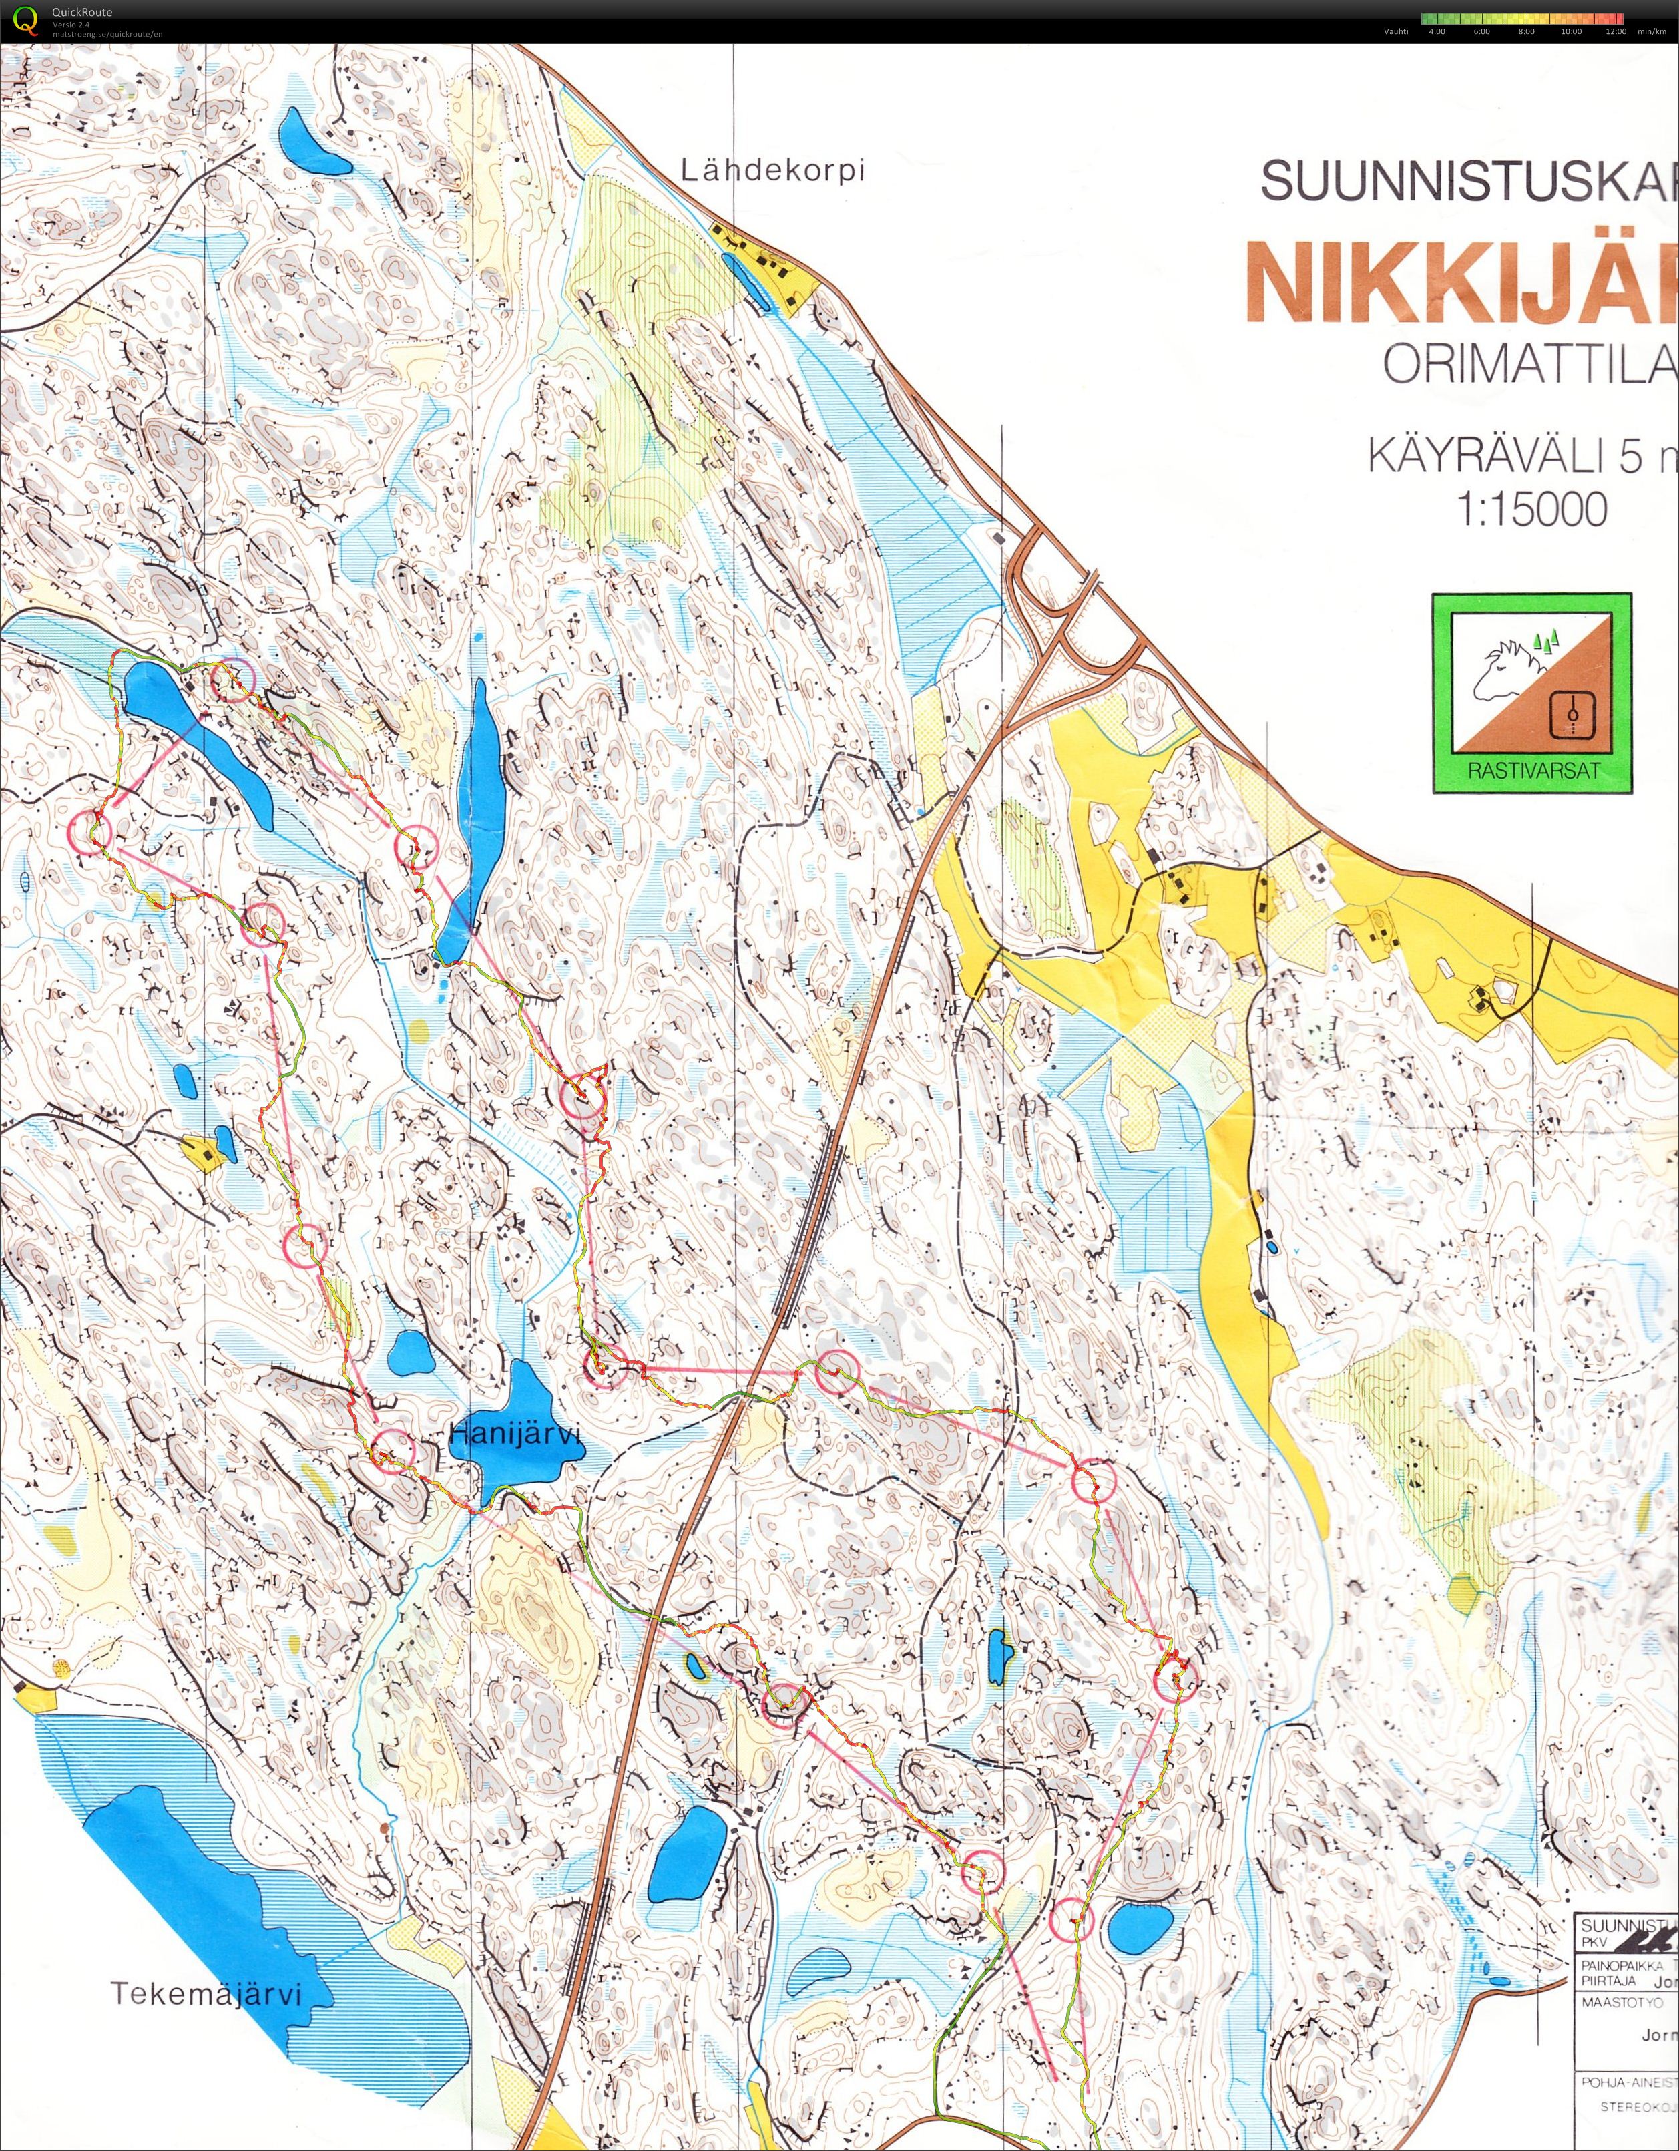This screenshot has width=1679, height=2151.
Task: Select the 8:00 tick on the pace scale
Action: [x=1526, y=31]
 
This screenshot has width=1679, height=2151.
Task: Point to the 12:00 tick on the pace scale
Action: [x=1615, y=31]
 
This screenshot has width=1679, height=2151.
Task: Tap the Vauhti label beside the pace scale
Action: [x=1395, y=31]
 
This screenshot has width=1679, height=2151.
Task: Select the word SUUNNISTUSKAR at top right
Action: [x=1467, y=181]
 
